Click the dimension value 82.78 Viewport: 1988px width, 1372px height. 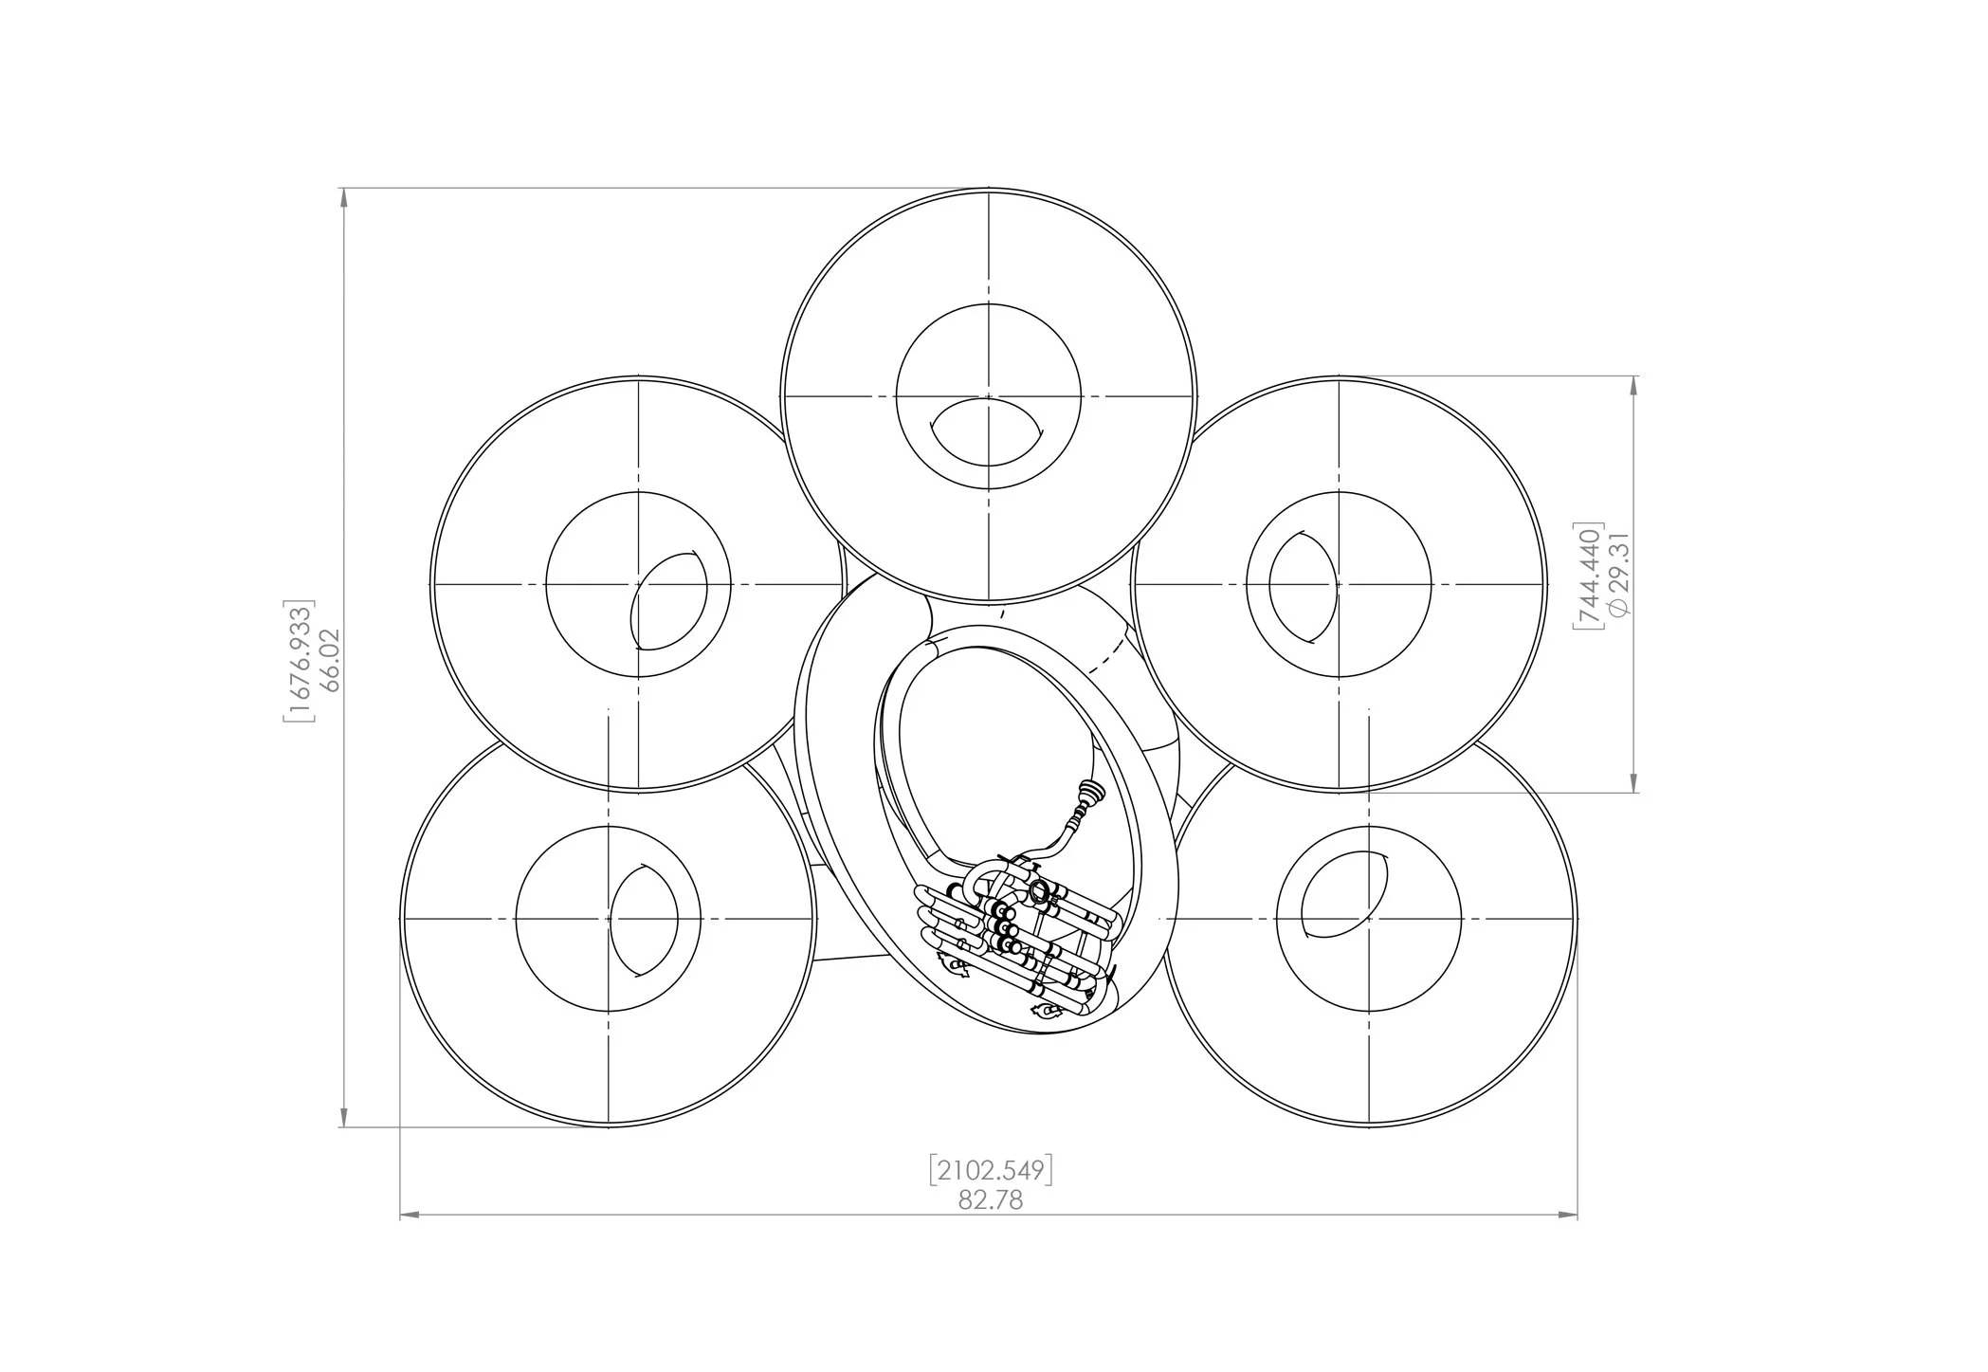click(x=991, y=1200)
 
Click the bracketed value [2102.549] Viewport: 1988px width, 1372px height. click(x=991, y=1170)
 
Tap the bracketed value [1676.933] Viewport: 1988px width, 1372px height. click(x=299, y=660)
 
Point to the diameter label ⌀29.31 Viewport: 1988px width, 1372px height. click(x=1618, y=575)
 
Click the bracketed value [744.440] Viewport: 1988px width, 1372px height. click(x=1587, y=575)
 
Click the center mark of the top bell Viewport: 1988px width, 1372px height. click(x=989, y=395)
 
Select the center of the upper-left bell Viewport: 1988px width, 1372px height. click(x=639, y=584)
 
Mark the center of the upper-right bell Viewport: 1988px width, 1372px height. click(x=1339, y=584)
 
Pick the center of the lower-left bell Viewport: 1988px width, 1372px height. click(x=608, y=919)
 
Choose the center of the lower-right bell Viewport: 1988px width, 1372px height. click(x=1370, y=919)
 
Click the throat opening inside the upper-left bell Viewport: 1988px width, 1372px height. click(x=669, y=599)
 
